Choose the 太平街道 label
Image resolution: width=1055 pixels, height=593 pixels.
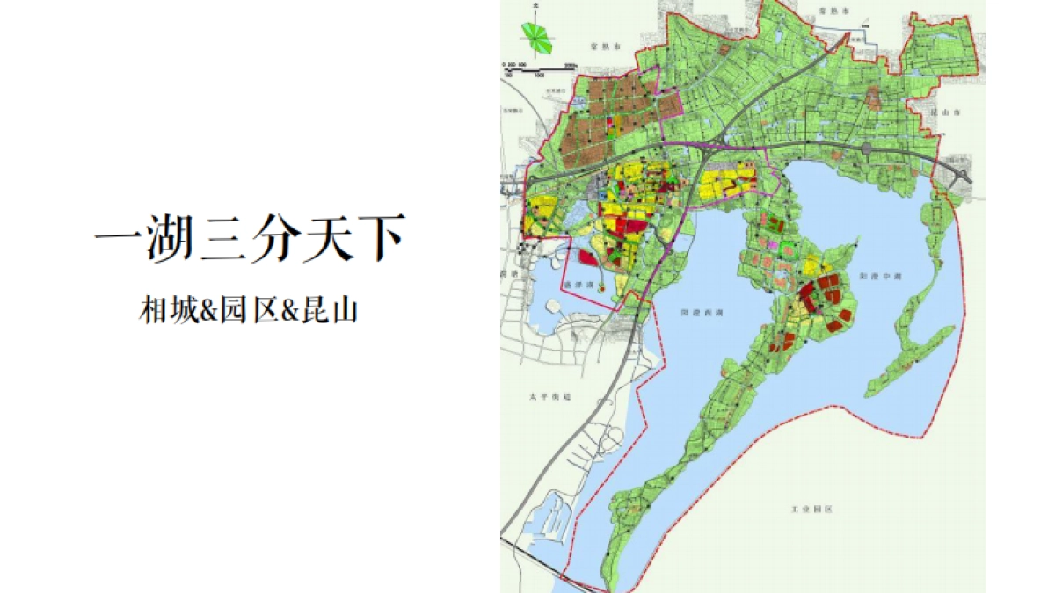tap(556, 396)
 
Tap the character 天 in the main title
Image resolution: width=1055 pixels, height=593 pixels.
tap(330, 238)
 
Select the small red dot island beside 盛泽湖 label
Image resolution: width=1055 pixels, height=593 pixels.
tap(600, 286)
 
